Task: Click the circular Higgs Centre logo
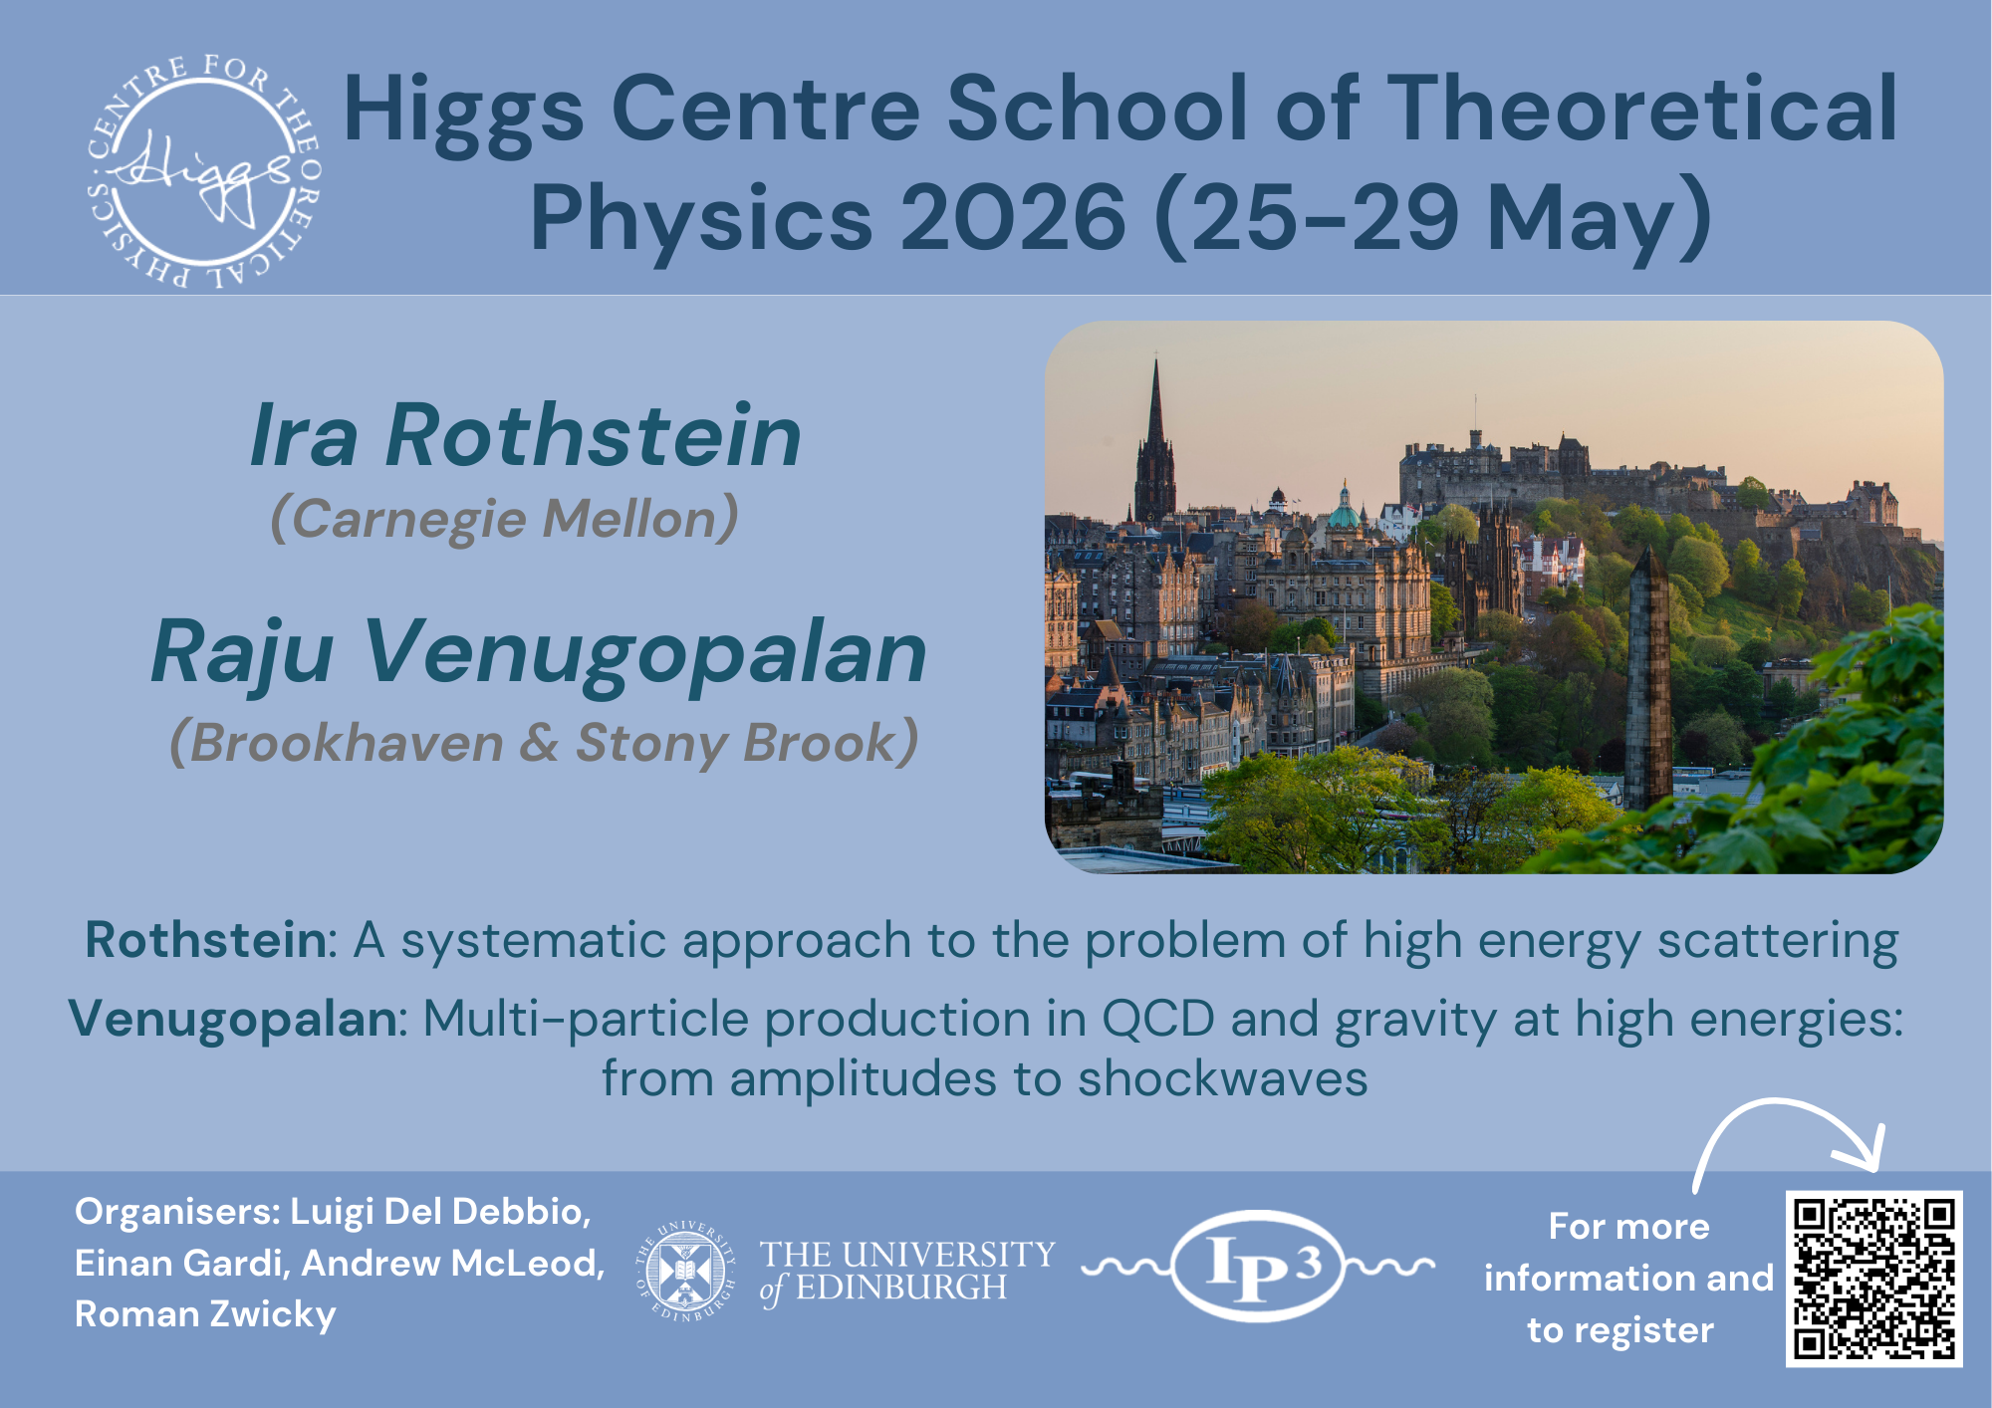pos(204,171)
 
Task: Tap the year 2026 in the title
pos(1013,218)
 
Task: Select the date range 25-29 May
pos(1432,218)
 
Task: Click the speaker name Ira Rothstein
pos(526,435)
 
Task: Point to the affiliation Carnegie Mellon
pos(505,519)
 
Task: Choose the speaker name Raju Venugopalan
pos(539,652)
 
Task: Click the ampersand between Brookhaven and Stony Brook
pos(539,743)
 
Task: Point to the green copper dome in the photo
pos(1344,513)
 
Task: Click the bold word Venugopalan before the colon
pos(233,1019)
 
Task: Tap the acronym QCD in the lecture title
pos(1157,1019)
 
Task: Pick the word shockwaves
pos(1222,1078)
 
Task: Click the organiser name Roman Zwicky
pos(205,1314)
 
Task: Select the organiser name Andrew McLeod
pos(453,1263)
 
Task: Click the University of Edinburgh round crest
pos(685,1271)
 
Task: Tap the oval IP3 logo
pos(1258,1267)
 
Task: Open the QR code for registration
pos(1873,1279)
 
